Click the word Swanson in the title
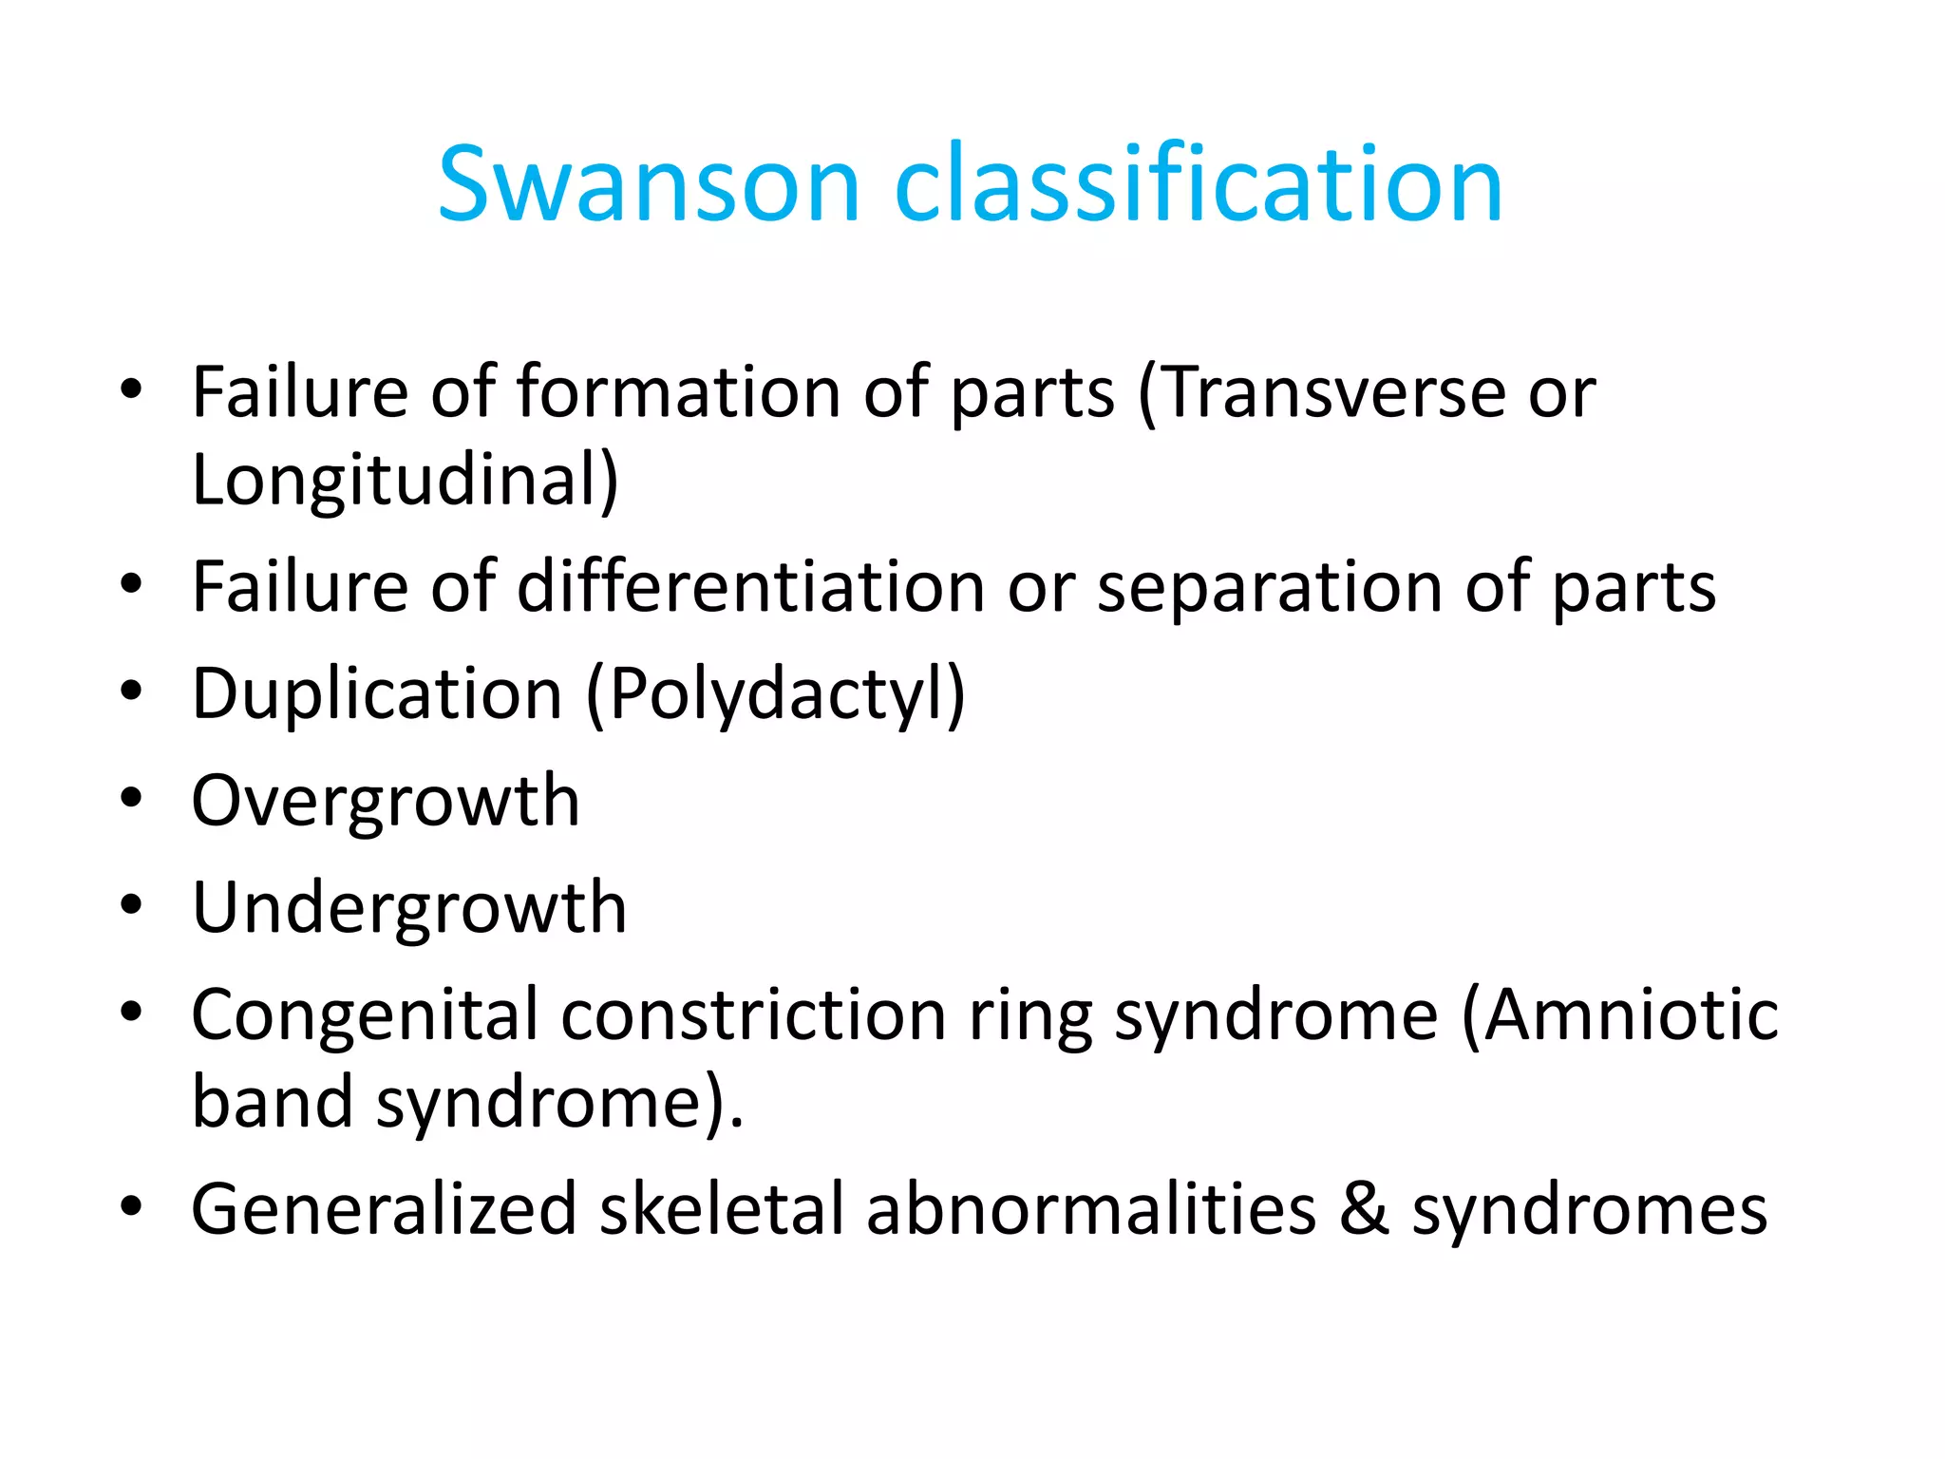(x=649, y=185)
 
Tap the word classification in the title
(x=1199, y=185)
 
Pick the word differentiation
(x=750, y=587)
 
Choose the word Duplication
(x=377, y=695)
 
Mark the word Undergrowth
(x=409, y=909)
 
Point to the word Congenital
(x=365, y=1016)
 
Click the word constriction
(x=753, y=1014)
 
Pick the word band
(x=273, y=1102)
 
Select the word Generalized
(x=384, y=1210)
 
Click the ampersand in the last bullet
(x=1364, y=1210)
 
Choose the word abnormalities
(x=1090, y=1210)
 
